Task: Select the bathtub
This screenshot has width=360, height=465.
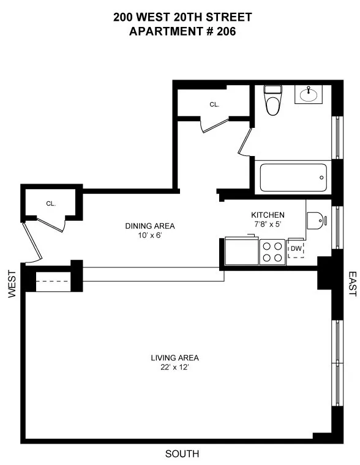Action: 292,178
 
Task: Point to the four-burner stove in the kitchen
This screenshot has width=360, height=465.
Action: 273,251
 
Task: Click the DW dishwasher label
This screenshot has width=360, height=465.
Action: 296,248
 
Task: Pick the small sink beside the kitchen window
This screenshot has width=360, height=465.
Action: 315,219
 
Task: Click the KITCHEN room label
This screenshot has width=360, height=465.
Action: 268,215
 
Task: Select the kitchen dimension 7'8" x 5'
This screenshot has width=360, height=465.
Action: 268,225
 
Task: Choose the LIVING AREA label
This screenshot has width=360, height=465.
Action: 175,358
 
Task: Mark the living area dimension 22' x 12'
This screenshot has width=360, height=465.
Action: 175,367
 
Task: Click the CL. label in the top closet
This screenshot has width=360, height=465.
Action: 214,105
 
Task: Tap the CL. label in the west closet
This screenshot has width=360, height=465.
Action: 50,204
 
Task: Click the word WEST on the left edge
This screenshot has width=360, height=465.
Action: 12,285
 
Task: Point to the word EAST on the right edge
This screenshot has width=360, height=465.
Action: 352,285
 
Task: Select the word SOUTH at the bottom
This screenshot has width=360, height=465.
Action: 182,454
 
